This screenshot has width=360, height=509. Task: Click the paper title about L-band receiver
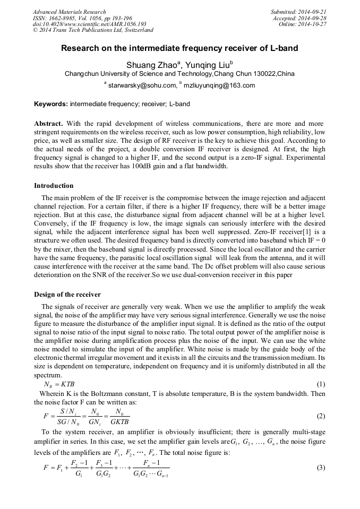[179, 48]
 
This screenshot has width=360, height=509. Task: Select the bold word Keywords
[50, 104]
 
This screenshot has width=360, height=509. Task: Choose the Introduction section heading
[54, 186]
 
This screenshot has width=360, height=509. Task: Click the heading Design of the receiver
[67, 294]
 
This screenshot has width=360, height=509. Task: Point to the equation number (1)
[320, 384]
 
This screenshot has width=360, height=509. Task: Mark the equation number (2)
[320, 416]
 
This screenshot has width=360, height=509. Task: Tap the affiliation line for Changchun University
[179, 74]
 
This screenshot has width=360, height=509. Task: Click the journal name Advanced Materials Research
[69, 12]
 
